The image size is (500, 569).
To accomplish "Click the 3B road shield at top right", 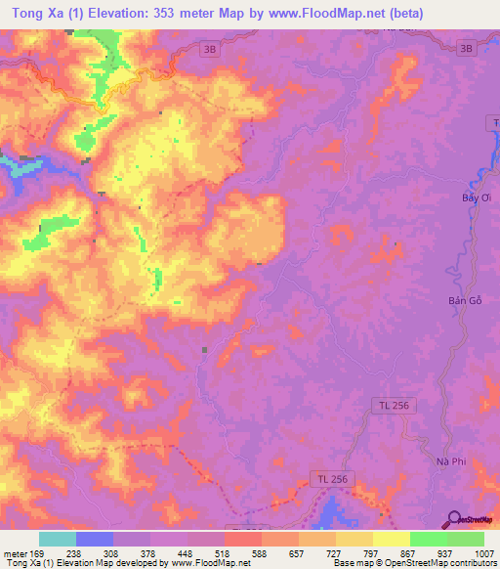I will (x=467, y=48).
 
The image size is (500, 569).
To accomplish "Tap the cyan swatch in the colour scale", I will (x=57, y=539).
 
